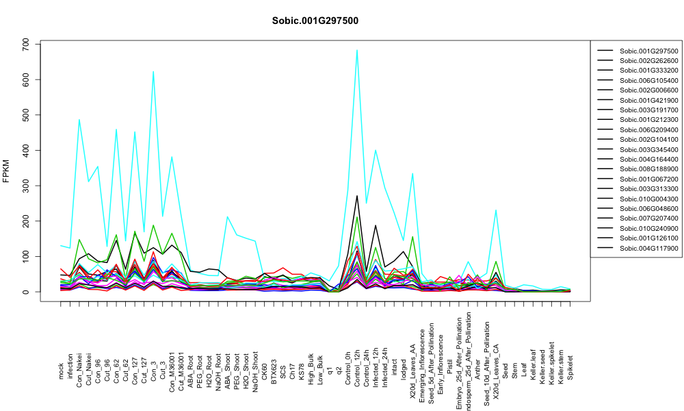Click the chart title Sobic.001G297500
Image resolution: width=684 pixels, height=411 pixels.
point(315,21)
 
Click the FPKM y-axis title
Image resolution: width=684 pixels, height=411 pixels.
point(5,171)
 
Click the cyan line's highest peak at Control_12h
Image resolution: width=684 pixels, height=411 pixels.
point(357,50)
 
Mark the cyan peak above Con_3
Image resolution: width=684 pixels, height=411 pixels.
point(153,71)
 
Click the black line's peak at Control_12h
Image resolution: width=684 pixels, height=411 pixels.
point(357,196)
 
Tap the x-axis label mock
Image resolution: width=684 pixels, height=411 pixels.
point(61,371)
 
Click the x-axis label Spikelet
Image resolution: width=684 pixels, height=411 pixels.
point(570,367)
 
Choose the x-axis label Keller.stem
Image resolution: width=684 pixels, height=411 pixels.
point(561,364)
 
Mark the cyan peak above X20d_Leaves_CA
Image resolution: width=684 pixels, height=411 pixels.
point(496,210)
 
